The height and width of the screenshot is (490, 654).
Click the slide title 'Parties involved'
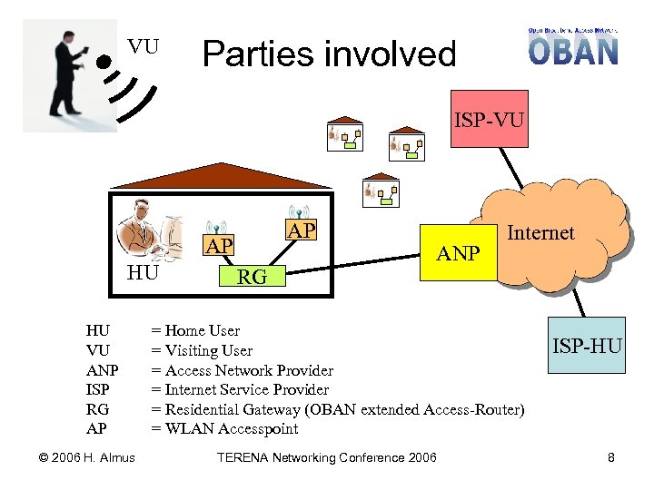coord(329,54)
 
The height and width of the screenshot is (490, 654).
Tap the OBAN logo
coord(573,46)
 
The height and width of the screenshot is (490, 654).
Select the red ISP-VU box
coord(489,118)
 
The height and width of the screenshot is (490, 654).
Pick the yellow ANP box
coord(458,252)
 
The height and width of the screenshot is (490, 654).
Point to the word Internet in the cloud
coord(540,233)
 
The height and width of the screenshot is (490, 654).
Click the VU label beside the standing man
coord(143,46)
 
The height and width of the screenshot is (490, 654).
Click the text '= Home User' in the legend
coord(195,330)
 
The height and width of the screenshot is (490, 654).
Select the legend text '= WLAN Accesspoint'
coord(224,428)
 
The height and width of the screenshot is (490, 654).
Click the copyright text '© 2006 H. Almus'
coord(79,457)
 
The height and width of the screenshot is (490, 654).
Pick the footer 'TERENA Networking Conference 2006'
coord(326,457)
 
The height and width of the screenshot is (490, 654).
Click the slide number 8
coord(611,457)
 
